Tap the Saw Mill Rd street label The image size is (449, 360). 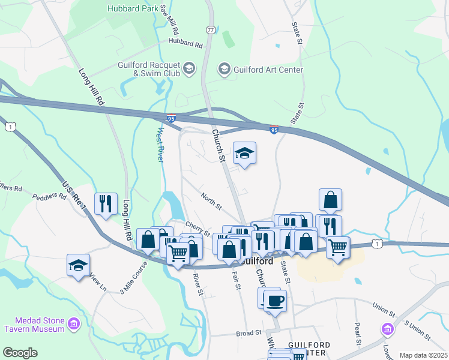[170, 19]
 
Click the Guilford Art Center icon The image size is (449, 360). [224, 70]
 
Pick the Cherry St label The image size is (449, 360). [197, 229]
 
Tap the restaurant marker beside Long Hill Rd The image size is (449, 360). [106, 203]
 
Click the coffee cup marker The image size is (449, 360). [275, 300]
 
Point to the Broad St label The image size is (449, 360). [249, 332]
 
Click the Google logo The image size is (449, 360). [20, 353]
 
